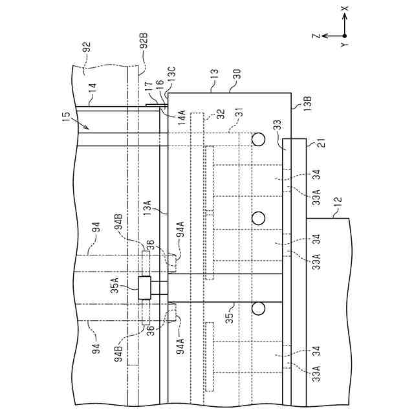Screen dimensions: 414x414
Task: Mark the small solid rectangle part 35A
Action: click(144, 287)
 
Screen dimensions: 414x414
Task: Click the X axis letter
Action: click(344, 9)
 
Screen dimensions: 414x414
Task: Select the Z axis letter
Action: click(315, 37)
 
